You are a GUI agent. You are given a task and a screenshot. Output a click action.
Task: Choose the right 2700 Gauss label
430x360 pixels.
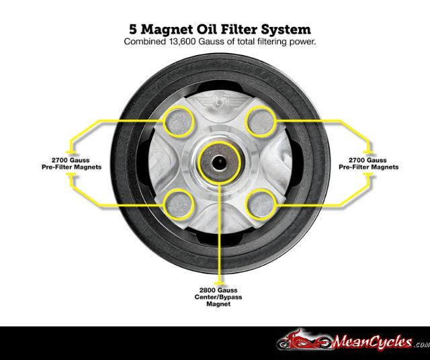click(x=368, y=161)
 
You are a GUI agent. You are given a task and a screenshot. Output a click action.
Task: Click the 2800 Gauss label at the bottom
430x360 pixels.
click(x=220, y=290)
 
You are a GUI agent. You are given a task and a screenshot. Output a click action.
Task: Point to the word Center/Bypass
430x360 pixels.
click(x=220, y=297)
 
